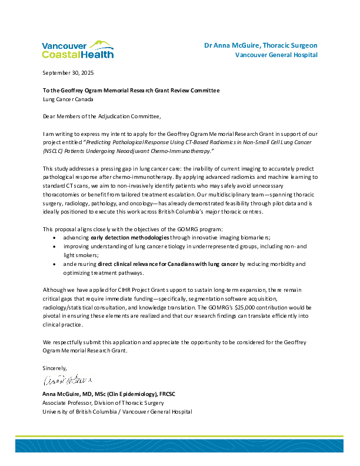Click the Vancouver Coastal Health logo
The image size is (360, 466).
[x=78, y=49]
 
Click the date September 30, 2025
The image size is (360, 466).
[x=68, y=73]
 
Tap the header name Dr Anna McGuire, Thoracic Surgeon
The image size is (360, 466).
[x=261, y=45]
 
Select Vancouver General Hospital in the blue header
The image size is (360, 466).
[x=276, y=55]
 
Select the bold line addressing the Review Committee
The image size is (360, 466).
[x=131, y=91]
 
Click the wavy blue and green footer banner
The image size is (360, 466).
[x=180, y=444]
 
